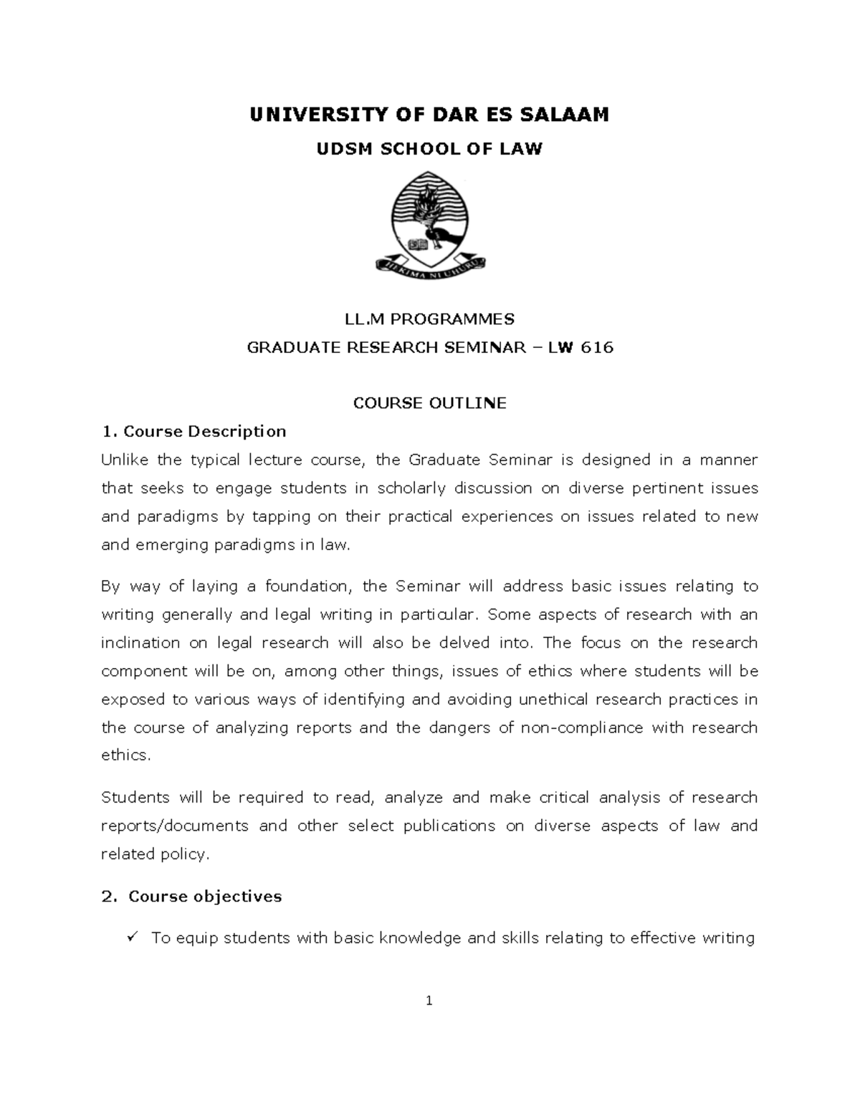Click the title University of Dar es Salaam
point(429,115)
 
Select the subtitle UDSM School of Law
point(430,149)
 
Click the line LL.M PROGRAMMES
point(430,319)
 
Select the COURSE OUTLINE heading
point(430,403)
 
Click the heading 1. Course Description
point(194,431)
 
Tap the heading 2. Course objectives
point(192,896)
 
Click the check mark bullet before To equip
point(131,937)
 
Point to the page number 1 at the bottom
point(429,1001)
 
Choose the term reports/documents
point(175,826)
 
